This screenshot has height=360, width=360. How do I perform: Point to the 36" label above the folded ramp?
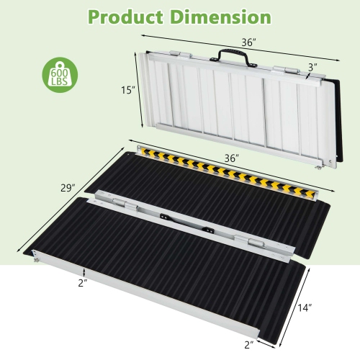[248, 42]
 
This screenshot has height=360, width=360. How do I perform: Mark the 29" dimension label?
[68, 189]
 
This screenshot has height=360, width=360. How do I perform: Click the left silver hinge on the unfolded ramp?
[115, 202]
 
